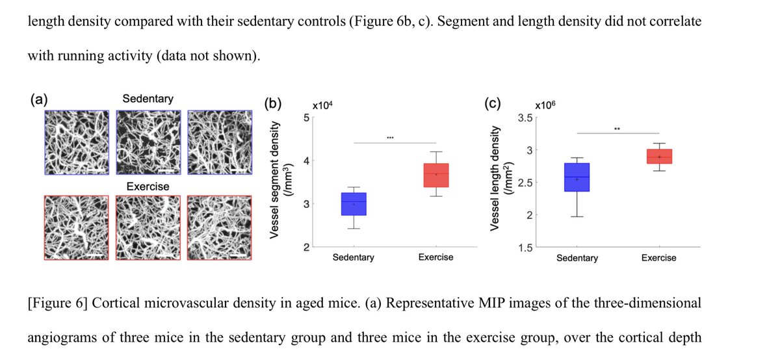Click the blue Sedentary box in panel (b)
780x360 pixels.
pos(354,203)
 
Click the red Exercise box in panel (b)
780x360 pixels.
pos(435,175)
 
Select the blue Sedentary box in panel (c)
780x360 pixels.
pos(577,177)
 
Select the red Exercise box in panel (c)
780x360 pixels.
pos(659,156)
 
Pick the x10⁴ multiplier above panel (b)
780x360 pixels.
pos(323,105)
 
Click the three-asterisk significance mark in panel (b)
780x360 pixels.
pos(390,138)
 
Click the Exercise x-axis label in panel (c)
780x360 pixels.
pos(658,258)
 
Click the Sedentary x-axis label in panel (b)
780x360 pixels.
pos(353,257)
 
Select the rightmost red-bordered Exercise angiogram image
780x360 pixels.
pos(218,227)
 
